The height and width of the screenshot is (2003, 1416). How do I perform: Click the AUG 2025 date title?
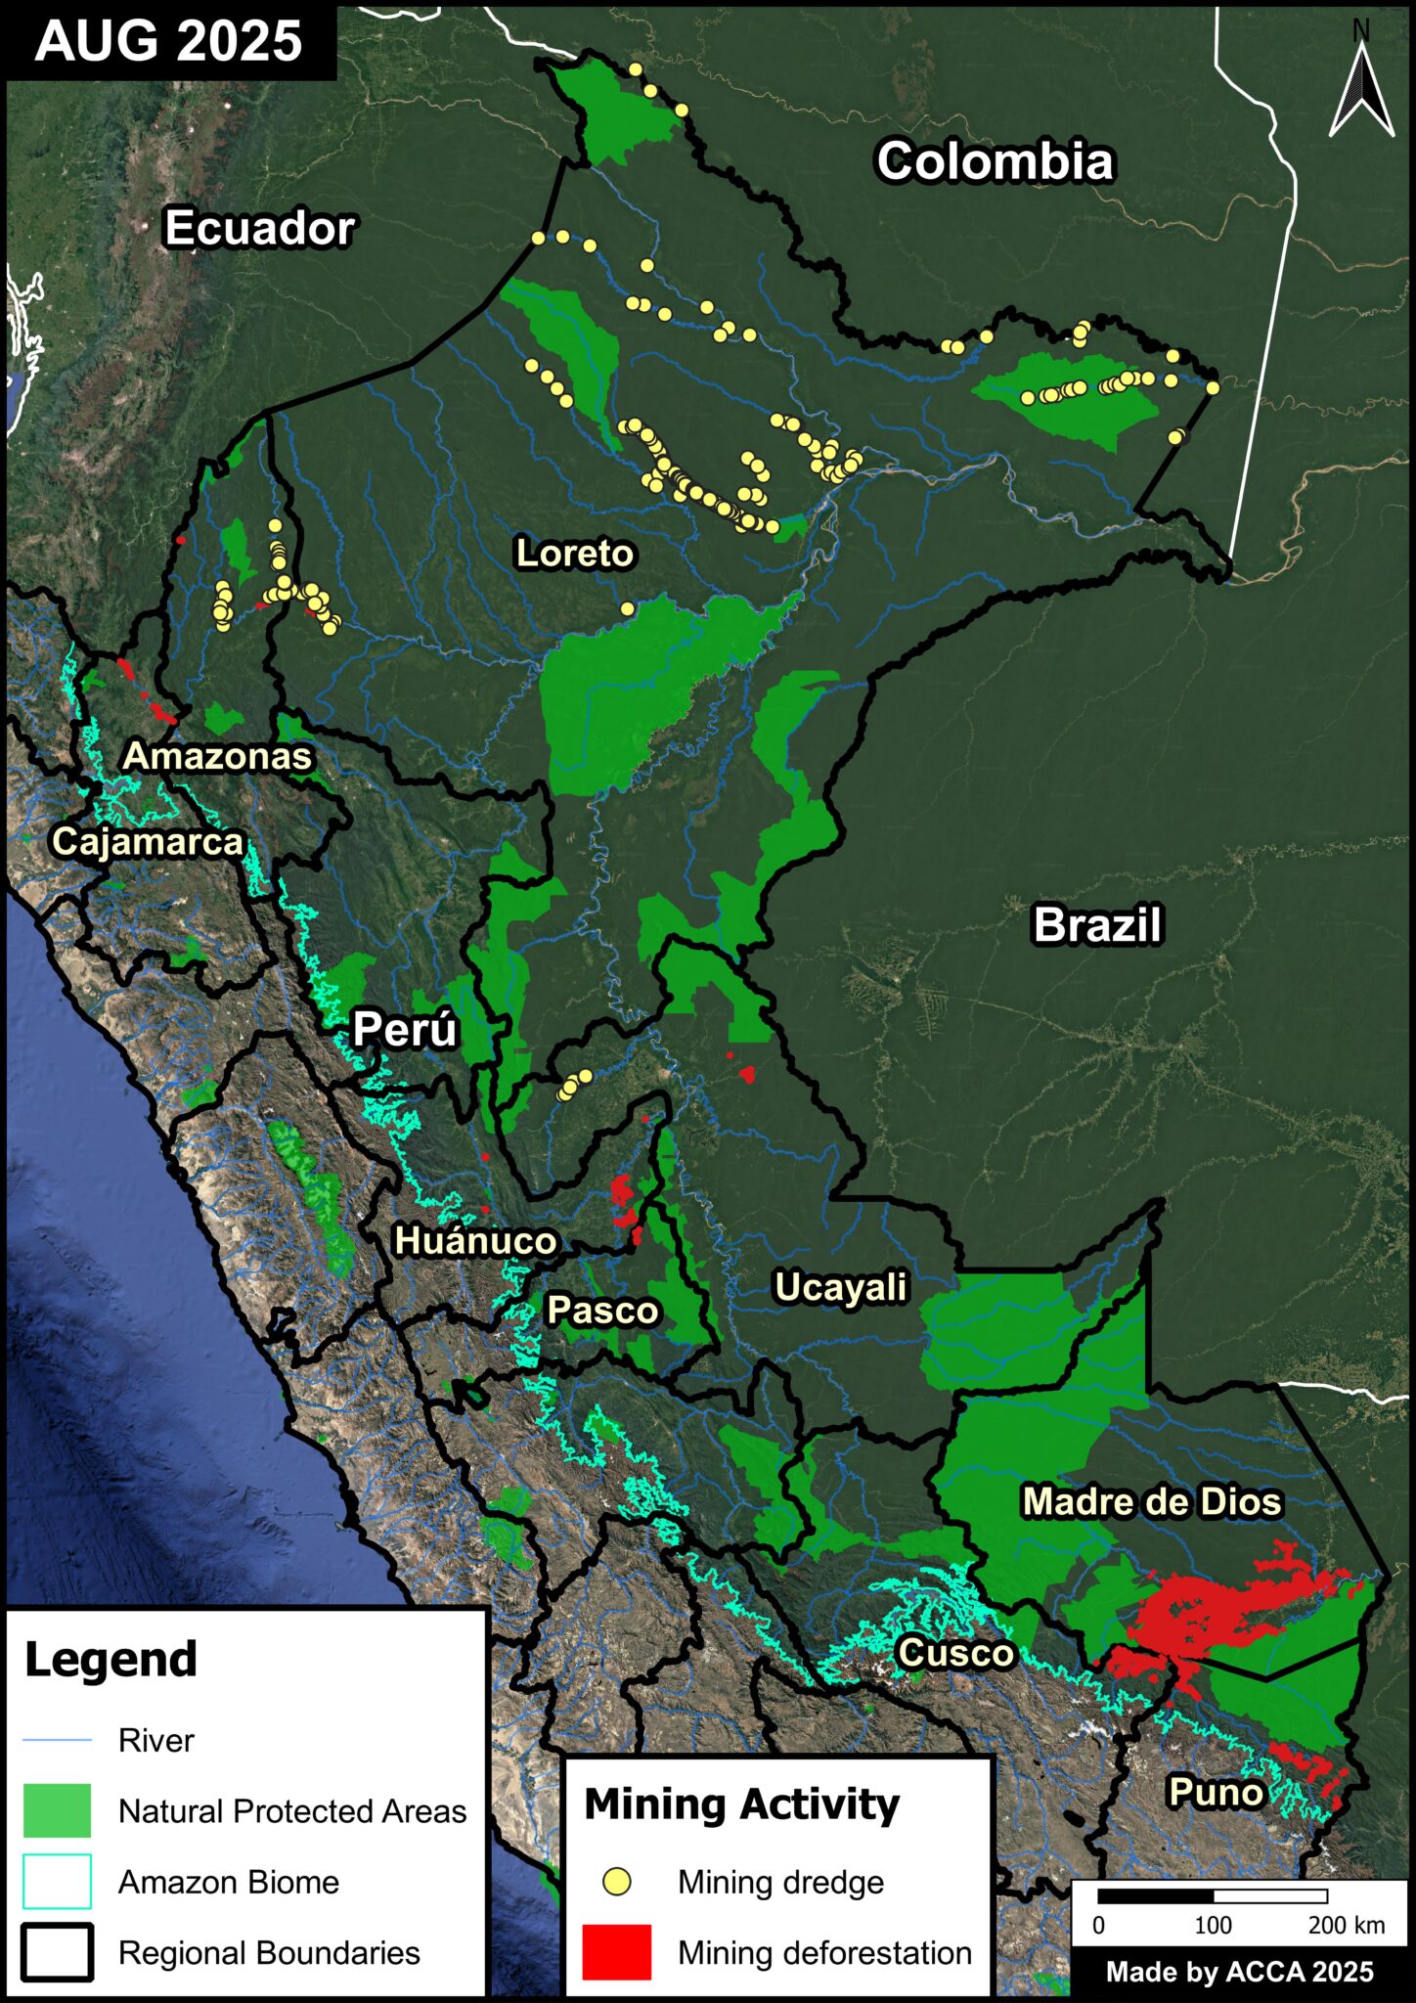click(168, 41)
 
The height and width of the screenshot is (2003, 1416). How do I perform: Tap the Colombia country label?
click(995, 161)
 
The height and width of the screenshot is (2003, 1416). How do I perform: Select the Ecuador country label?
click(259, 228)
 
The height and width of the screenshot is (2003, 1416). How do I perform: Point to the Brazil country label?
click(1097, 924)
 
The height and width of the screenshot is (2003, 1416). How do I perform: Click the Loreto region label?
click(575, 554)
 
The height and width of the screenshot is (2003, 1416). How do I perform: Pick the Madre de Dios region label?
click(1151, 1501)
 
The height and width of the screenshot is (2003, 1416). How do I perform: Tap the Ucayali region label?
click(841, 1287)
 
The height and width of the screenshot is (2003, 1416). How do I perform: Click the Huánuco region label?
click(475, 1240)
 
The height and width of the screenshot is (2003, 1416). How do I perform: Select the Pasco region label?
click(602, 1310)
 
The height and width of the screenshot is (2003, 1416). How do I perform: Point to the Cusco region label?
click(955, 1653)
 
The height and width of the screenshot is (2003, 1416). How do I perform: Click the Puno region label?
click(1216, 1792)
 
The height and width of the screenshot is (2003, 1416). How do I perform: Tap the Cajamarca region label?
click(147, 841)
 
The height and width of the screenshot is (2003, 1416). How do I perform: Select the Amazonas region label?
click(217, 756)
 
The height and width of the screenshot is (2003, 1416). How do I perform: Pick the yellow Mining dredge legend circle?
click(616, 1882)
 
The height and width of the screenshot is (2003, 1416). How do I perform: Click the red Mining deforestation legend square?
click(616, 1952)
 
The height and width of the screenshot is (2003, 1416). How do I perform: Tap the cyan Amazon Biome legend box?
click(57, 1882)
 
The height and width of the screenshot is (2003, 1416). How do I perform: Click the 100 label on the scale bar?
click(1213, 1925)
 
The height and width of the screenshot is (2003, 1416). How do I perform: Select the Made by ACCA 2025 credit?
click(1239, 1972)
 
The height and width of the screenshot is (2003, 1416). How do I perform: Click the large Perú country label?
click(405, 1029)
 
